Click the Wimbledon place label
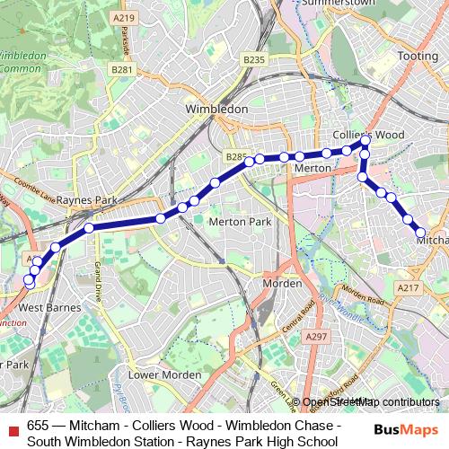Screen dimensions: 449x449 click(x=216, y=108)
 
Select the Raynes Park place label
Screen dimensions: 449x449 click(x=88, y=200)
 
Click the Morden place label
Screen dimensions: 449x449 click(x=279, y=284)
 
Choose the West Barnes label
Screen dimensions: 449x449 click(x=49, y=307)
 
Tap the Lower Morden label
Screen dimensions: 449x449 click(x=156, y=374)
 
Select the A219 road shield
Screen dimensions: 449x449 click(x=125, y=18)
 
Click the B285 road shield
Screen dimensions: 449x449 click(x=236, y=156)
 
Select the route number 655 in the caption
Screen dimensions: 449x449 click(x=38, y=426)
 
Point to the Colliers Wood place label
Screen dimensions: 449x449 click(x=368, y=135)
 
